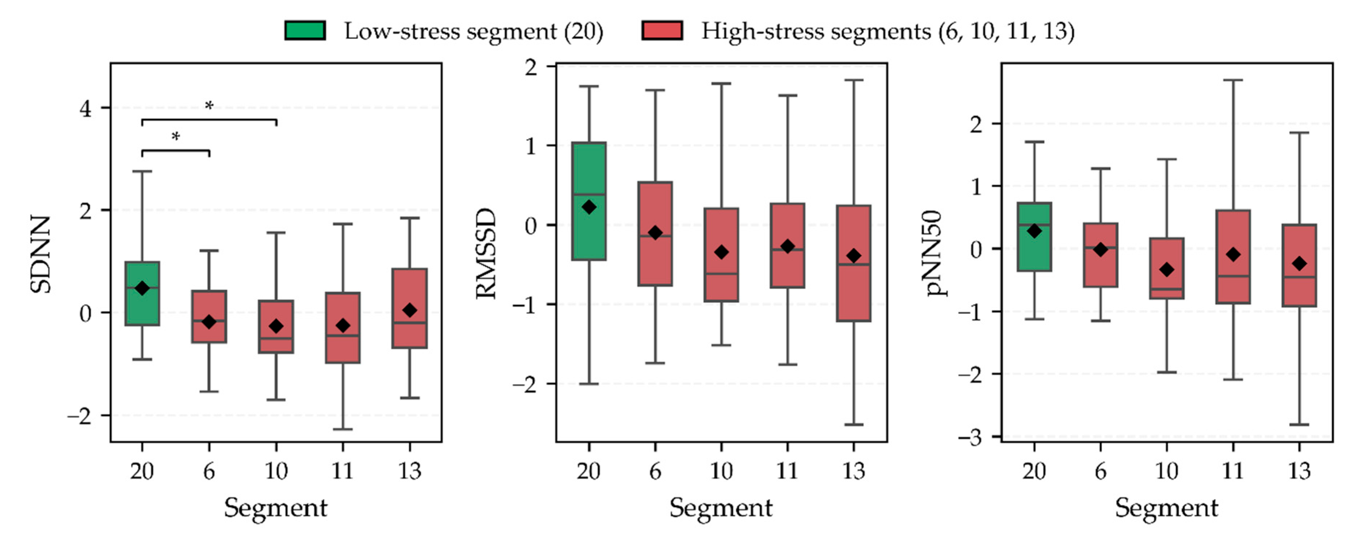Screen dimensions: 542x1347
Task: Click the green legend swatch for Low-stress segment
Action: pyautogui.click(x=305, y=30)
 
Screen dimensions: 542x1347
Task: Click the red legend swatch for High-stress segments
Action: pyautogui.click(x=662, y=30)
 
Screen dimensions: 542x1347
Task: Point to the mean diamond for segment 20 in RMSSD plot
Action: pyautogui.click(x=589, y=207)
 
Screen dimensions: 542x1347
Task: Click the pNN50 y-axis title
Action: pyautogui.click(x=933, y=253)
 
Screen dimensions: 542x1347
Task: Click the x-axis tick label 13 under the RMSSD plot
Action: pyautogui.click(x=853, y=471)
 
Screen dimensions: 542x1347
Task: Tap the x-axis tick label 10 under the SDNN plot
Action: pyautogui.click(x=275, y=471)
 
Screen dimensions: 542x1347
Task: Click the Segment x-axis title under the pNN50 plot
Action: pyautogui.click(x=1167, y=508)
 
